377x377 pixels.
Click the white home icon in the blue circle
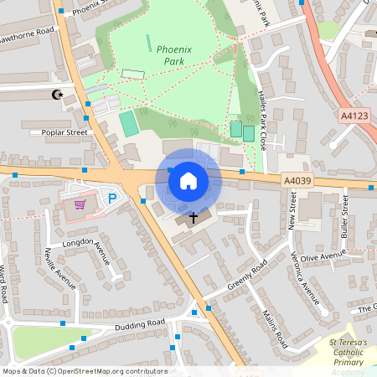click(x=188, y=180)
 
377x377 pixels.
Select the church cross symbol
click(x=194, y=218)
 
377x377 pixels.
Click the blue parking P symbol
click(x=112, y=199)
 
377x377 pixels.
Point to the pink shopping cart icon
click(x=80, y=204)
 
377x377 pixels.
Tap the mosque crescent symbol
click(x=58, y=96)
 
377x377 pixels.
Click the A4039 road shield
click(x=296, y=180)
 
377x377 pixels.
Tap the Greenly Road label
click(x=246, y=277)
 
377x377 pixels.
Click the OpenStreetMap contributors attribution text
click(x=84, y=371)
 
